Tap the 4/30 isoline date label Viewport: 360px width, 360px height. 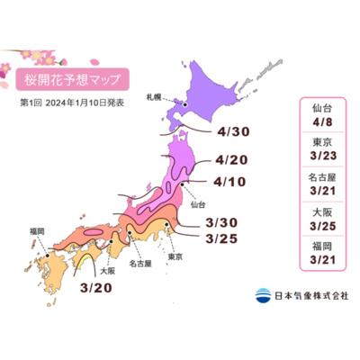point(232,132)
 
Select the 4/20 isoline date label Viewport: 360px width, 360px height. point(232,162)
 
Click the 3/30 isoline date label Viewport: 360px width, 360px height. point(222,223)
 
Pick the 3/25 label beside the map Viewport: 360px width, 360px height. point(222,238)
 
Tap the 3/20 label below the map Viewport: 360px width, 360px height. point(96,288)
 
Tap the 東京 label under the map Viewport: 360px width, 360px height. point(175,258)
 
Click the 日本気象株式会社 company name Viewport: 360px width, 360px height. point(310,294)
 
